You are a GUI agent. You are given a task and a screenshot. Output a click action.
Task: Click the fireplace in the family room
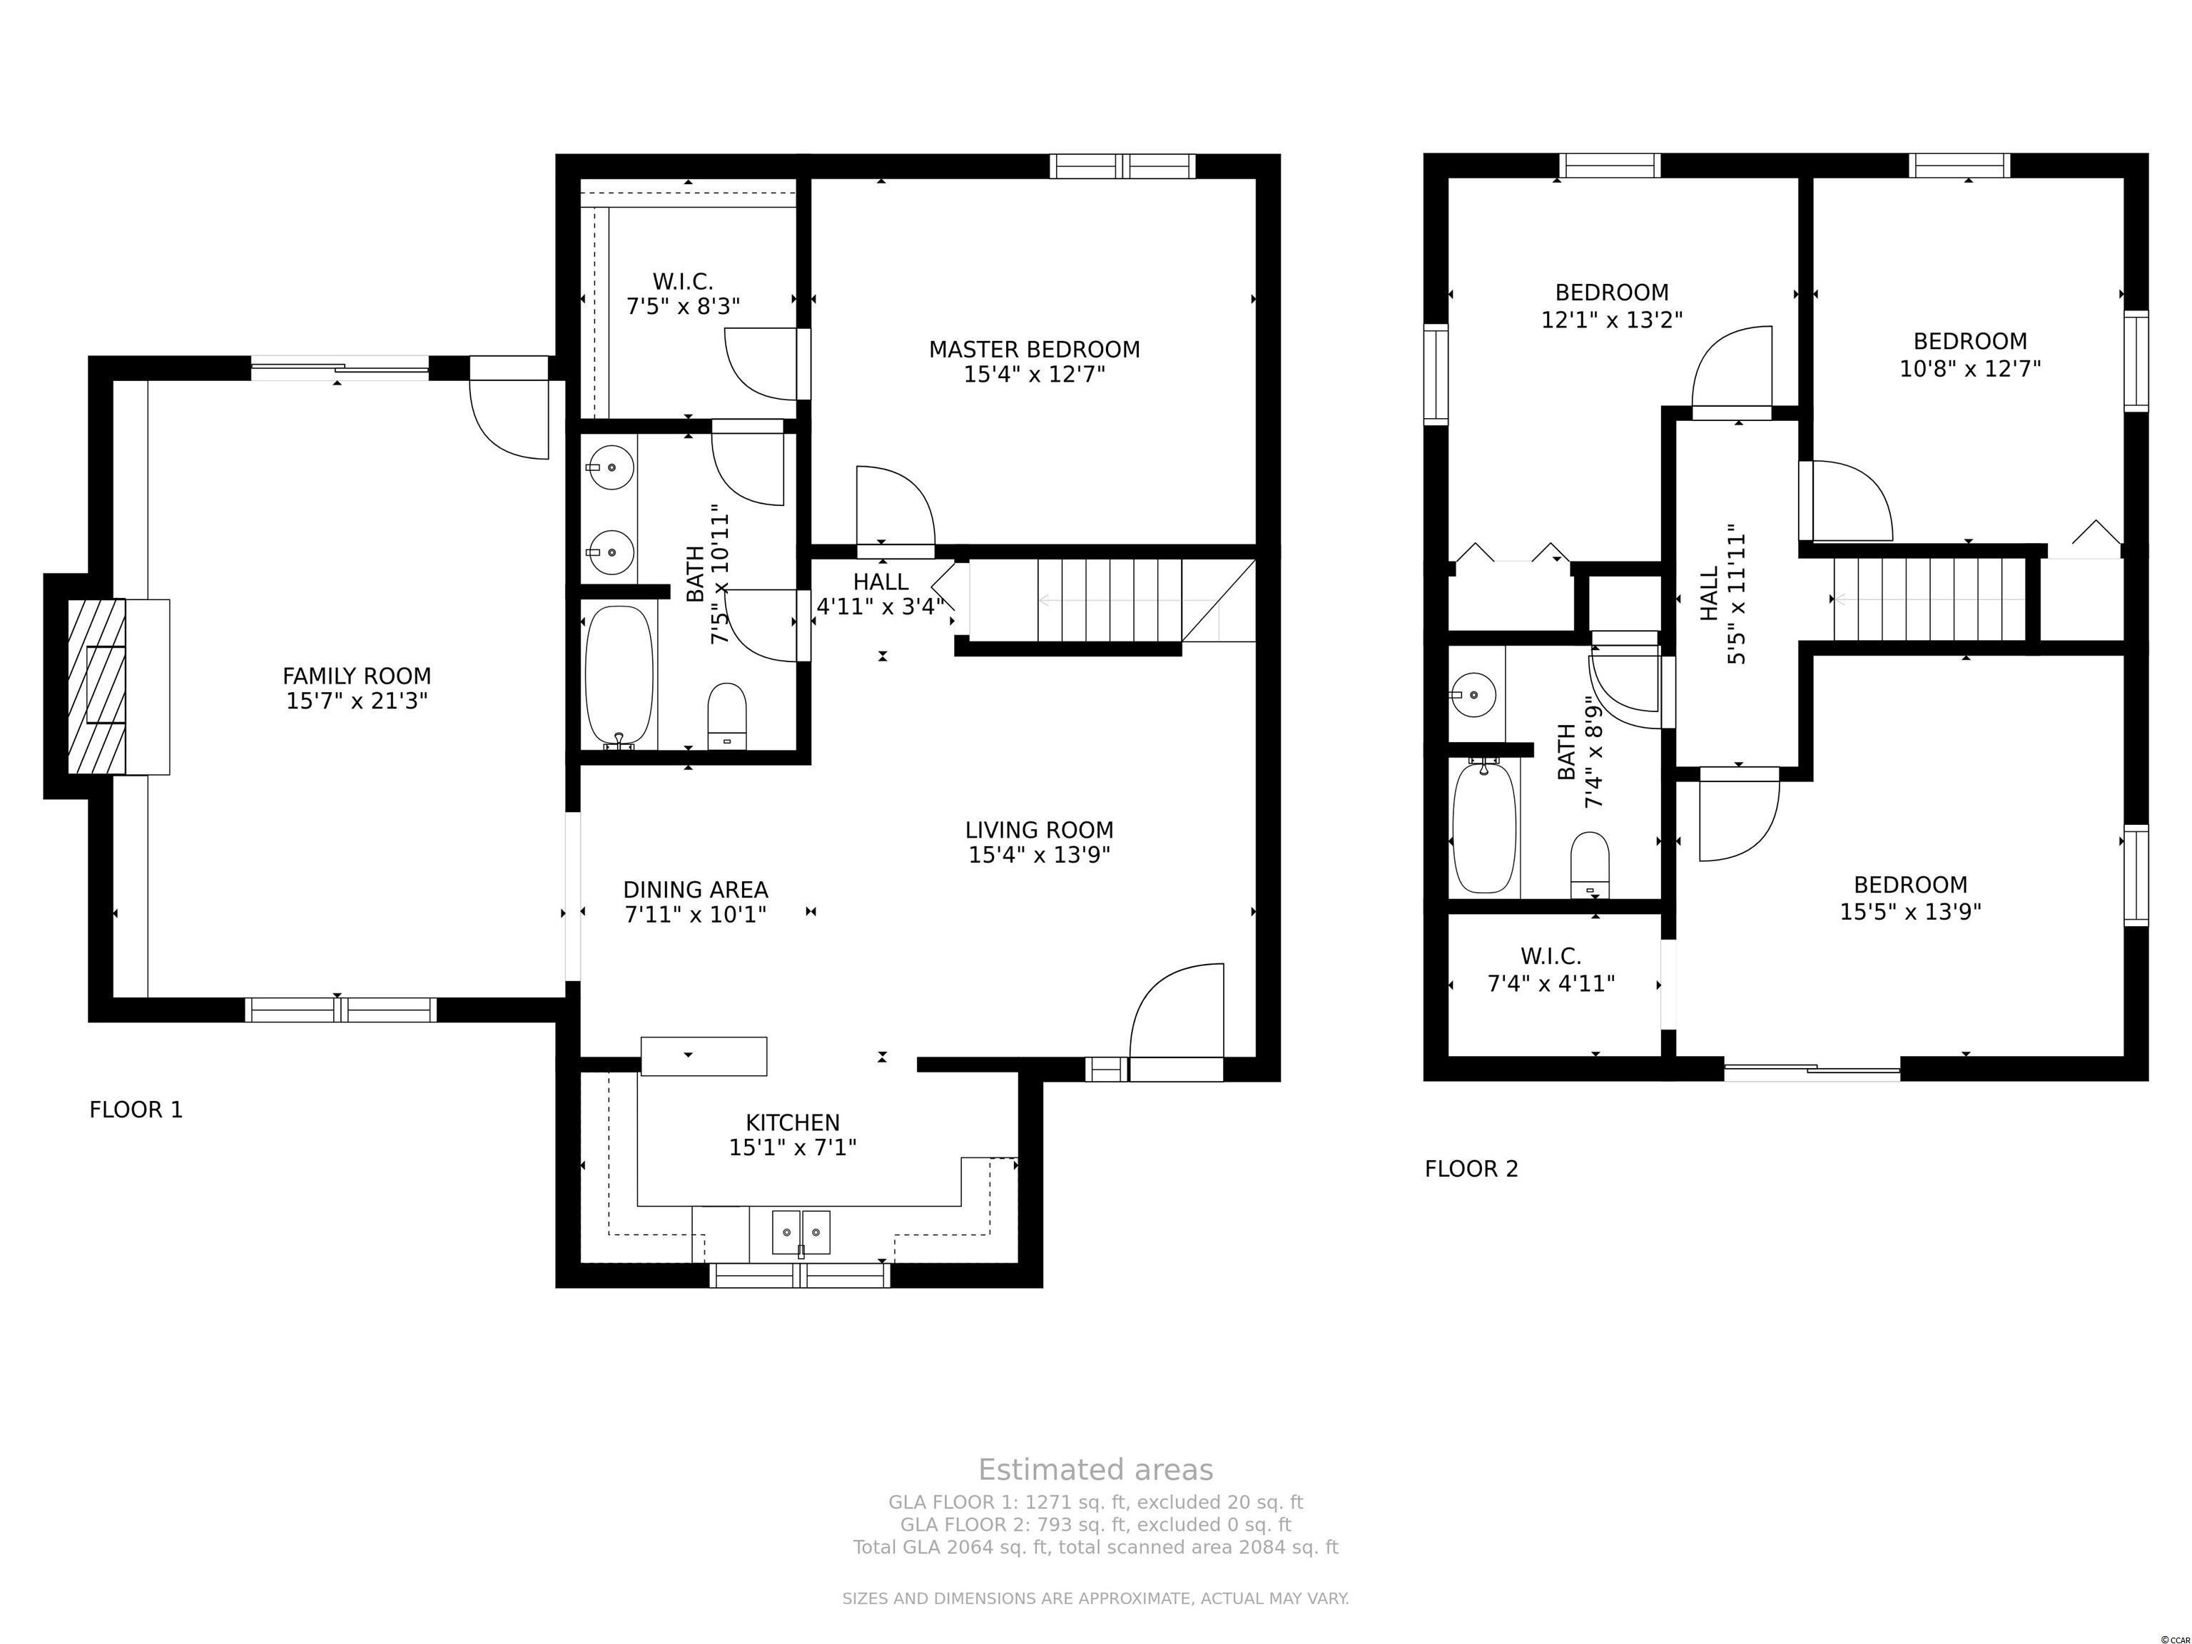click(106, 686)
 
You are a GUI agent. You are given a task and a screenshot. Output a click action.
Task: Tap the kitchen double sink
click(801, 1232)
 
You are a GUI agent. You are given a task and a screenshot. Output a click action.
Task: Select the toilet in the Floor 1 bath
click(726, 714)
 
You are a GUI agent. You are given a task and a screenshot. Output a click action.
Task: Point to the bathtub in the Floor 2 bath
click(1483, 826)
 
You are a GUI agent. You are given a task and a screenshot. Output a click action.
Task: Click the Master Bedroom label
click(1034, 350)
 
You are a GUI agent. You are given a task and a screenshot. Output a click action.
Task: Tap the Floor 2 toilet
click(1590, 864)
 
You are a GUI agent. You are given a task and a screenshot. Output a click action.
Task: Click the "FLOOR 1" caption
click(136, 1110)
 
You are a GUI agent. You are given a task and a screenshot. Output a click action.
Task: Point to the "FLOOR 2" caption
click(1471, 1169)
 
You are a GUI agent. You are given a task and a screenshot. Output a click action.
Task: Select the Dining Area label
click(696, 890)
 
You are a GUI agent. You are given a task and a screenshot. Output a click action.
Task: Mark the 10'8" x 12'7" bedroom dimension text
click(1969, 369)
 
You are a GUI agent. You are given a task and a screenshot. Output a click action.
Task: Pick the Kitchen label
click(792, 1122)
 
